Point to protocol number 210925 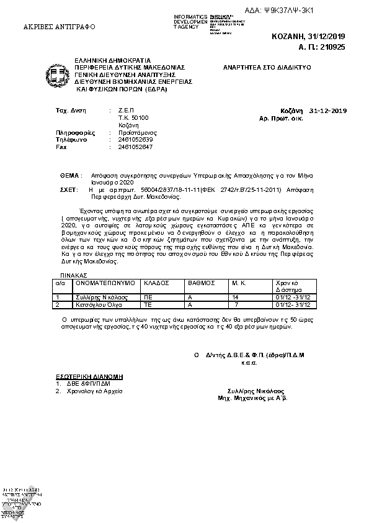tap(330, 47)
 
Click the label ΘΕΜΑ tap(70, 176)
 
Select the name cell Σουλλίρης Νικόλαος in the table tap(101, 298)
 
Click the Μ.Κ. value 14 tap(235, 298)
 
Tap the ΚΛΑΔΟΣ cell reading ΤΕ tap(148, 305)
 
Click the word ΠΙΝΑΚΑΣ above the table tap(73, 274)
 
